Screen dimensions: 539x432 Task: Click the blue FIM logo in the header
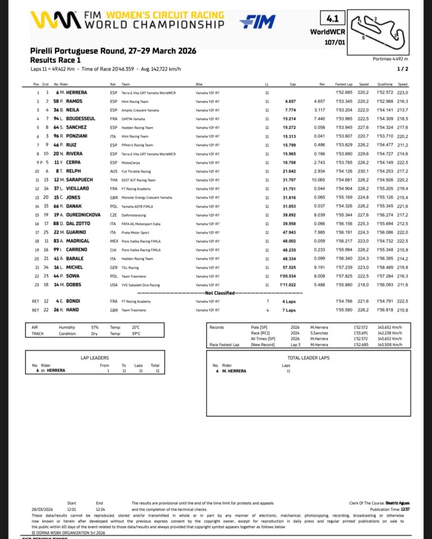coord(258,22)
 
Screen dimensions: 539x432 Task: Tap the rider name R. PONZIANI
coord(72,136)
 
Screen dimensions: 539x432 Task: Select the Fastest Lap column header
coord(343,84)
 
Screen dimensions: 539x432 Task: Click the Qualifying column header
coord(382,84)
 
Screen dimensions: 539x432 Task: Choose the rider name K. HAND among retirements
coord(68,310)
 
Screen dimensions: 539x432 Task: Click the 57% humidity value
coord(95,327)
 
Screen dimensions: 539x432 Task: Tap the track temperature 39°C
coord(135,333)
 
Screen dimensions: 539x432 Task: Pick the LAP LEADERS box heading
coord(94,356)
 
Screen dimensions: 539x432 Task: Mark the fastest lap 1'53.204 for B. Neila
coord(343,110)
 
